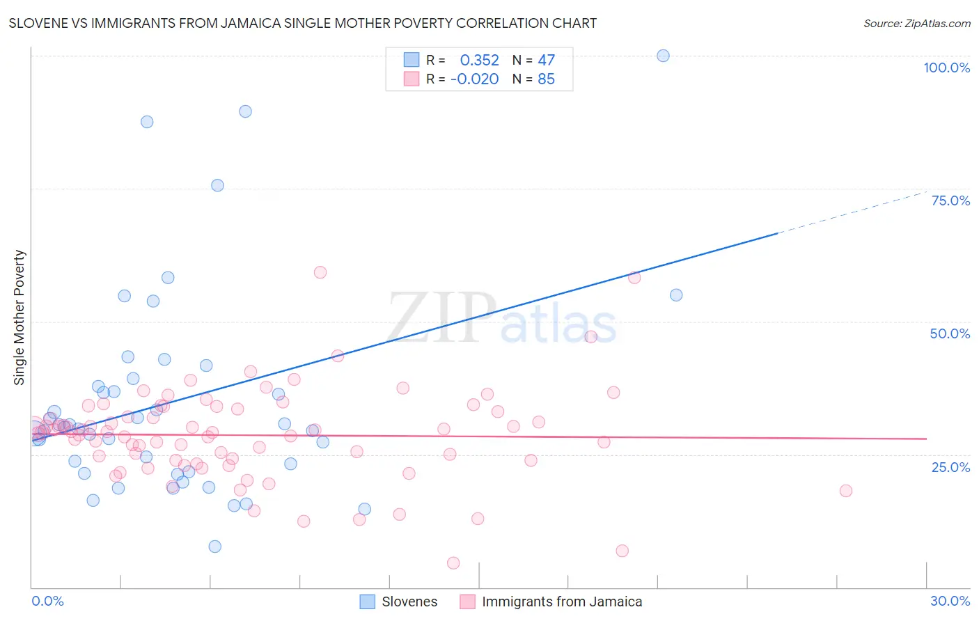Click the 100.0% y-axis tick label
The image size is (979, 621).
coord(946,68)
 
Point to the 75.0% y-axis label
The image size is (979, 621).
coord(950,201)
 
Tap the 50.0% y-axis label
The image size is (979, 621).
coord(950,333)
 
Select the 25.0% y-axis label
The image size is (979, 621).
coord(950,467)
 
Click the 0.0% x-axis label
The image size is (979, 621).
coord(47,601)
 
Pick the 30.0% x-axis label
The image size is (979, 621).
coord(950,601)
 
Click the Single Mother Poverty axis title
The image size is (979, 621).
coord(19,317)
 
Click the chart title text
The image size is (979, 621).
coord(303,23)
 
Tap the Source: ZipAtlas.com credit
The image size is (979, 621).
coord(916,23)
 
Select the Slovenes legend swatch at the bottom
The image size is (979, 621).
coord(367,602)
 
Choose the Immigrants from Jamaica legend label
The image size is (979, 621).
coord(562,602)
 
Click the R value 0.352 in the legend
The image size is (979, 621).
coord(479,60)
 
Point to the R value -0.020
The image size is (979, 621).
coord(474,79)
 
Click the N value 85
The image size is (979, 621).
coord(546,79)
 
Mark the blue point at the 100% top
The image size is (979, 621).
coord(663,56)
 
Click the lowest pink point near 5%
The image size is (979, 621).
coord(453,563)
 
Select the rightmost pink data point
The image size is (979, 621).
coord(845,490)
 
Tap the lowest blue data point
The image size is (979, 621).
coord(215,547)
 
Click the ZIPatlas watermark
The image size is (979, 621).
coord(501,318)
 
